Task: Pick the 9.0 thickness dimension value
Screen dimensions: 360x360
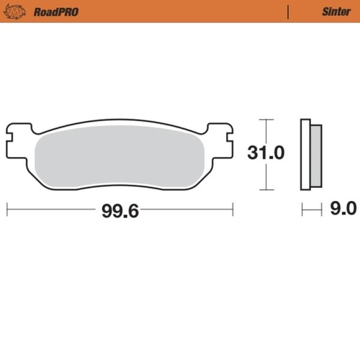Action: tap(342, 210)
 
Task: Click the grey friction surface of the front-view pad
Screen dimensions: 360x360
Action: tap(120, 159)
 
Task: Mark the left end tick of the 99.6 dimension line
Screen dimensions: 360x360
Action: tap(7, 210)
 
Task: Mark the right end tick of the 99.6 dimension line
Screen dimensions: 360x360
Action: tap(233, 210)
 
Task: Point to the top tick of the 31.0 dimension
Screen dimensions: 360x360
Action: tap(266, 119)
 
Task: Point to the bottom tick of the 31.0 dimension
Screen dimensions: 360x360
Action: tap(266, 189)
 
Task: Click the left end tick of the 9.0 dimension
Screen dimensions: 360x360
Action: tap(302, 210)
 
